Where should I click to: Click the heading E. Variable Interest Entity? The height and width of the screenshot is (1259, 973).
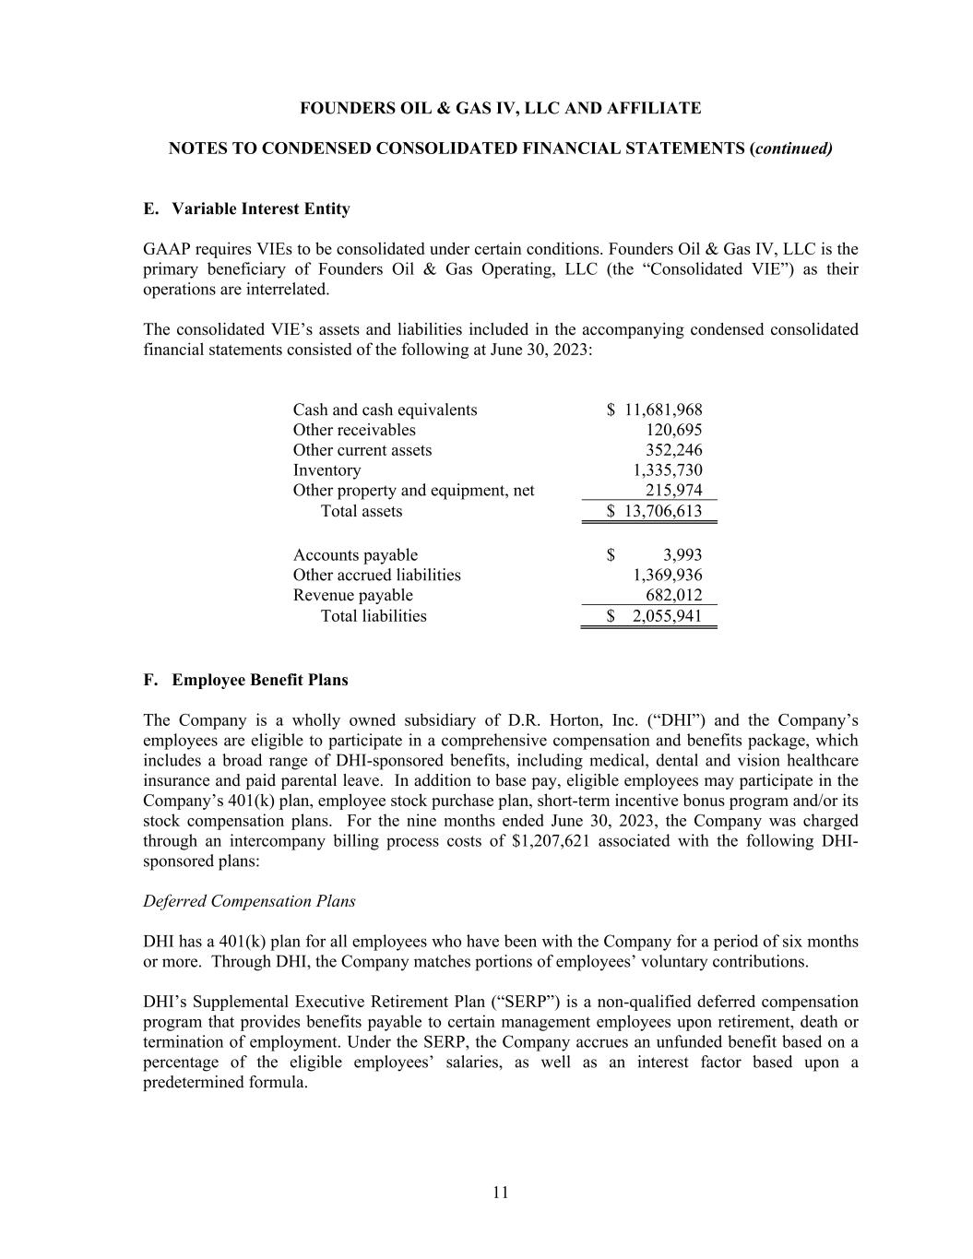coord(246,209)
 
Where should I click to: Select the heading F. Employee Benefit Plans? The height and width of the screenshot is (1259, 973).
coord(245,681)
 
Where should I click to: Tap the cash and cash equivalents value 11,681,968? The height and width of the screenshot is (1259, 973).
coord(663,410)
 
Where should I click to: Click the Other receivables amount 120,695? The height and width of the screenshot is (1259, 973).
coord(673,431)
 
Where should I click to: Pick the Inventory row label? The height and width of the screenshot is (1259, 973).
coord(326,470)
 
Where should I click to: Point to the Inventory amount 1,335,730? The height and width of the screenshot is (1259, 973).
coord(667,470)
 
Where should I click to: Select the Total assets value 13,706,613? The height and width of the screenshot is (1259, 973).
coord(663,511)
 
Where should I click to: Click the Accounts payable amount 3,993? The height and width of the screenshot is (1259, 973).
coord(682,555)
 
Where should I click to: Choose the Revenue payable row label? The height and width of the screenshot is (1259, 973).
coord(352,596)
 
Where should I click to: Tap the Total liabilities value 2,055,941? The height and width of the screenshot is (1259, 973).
coord(667,616)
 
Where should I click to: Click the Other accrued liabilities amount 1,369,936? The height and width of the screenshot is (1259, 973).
coord(667,576)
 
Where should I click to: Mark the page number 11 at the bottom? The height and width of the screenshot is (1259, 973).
coord(500,1193)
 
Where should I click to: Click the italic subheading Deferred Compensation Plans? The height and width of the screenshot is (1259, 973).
coord(249,901)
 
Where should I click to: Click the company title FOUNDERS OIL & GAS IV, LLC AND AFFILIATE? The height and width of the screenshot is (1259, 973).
coord(500,109)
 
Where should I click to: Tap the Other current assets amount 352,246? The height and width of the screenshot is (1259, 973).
coord(673,450)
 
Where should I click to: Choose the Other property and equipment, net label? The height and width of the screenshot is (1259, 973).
coord(413,491)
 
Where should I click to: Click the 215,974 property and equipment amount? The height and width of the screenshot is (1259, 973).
coord(673,491)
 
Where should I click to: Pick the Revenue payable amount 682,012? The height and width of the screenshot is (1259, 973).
coord(673,596)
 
